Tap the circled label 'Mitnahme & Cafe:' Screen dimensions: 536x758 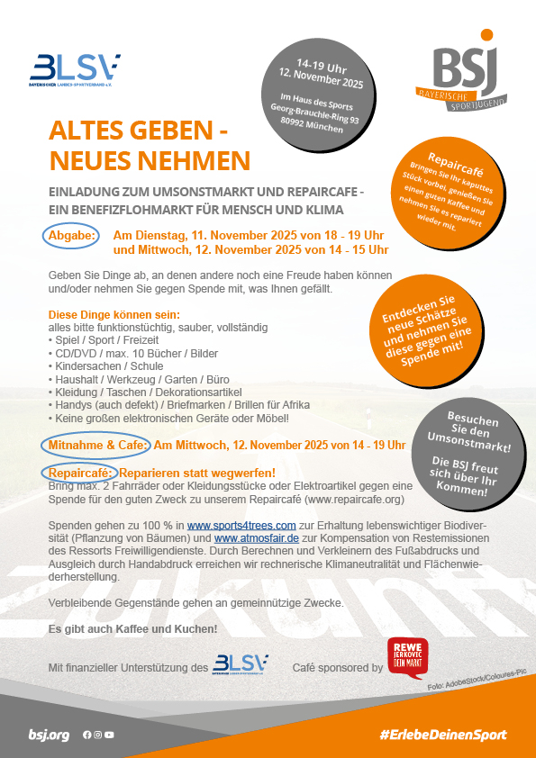95,445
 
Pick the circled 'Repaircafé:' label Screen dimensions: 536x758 78,473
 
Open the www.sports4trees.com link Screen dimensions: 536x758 241,526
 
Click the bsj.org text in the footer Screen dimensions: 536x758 49,735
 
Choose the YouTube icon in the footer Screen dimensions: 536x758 109,735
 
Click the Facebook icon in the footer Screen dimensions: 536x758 87,735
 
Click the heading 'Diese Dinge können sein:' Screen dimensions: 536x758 114,315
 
